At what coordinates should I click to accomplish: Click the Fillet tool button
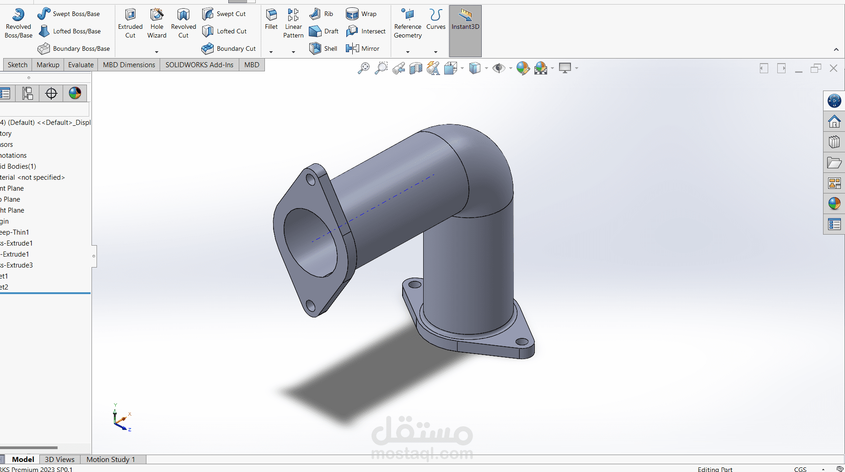coord(271,19)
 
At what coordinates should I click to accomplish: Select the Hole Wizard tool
coord(156,23)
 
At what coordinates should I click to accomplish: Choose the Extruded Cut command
coord(130,23)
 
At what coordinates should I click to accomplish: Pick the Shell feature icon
coord(323,48)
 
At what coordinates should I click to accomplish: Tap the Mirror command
coord(363,48)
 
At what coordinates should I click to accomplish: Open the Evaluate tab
coord(81,65)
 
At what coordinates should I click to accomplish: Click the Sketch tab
coord(17,65)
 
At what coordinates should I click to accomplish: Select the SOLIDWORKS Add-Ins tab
coord(199,65)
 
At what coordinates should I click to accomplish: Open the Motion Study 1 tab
coord(111,459)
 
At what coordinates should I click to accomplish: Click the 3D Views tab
coord(59,459)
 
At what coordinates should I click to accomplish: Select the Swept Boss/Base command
coord(69,14)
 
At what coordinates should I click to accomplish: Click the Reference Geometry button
coord(408,23)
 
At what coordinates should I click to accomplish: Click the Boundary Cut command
coord(228,48)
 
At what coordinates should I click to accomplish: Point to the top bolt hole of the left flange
coord(311,179)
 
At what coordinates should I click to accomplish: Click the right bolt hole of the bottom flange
coord(522,342)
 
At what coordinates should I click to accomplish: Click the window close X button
coord(834,68)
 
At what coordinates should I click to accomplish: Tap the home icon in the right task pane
coord(834,122)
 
